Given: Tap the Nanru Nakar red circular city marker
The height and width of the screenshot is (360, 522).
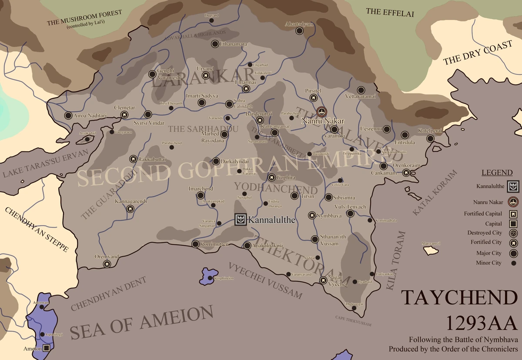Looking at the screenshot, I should tap(321, 112).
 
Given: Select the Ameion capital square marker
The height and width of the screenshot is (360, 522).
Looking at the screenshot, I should tap(47, 348).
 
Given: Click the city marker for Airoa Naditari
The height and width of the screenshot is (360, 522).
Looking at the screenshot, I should tap(68, 115).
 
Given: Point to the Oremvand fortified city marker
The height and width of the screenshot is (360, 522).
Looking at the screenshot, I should tap(106, 264).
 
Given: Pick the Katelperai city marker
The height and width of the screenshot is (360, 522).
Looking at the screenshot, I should tap(430, 138).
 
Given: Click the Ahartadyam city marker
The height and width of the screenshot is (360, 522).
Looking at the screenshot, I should tap(299, 31).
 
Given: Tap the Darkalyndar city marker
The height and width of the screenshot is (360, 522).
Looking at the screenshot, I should tap(215, 161).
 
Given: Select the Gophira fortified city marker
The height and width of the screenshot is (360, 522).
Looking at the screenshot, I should tap(271, 177).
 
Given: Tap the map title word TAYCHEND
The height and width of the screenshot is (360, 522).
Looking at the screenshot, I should tap(459, 298).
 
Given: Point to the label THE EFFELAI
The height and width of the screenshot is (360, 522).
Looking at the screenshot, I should tap(390, 12).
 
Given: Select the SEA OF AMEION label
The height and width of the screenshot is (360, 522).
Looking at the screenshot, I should tap(142, 322).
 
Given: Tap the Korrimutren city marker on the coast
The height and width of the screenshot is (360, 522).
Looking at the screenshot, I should tap(195, 244).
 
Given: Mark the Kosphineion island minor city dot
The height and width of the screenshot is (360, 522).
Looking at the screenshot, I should tap(210, 278).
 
